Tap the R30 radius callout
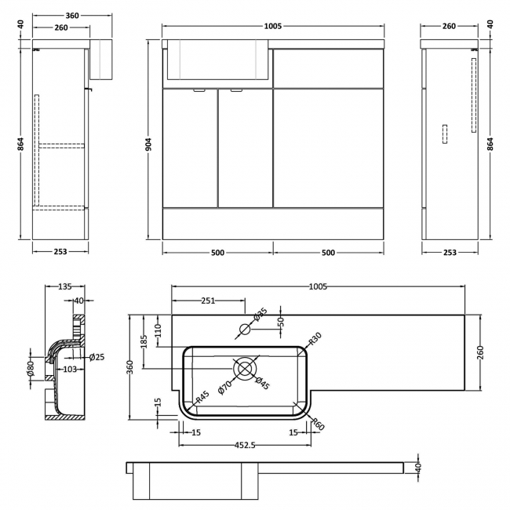(x=314, y=339)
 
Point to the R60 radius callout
(x=318, y=424)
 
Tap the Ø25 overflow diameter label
(x=97, y=357)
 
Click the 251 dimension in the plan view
(x=208, y=301)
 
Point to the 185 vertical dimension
(x=143, y=342)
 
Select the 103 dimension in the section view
(x=69, y=368)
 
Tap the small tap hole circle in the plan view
(x=244, y=330)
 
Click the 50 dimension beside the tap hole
(x=279, y=322)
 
